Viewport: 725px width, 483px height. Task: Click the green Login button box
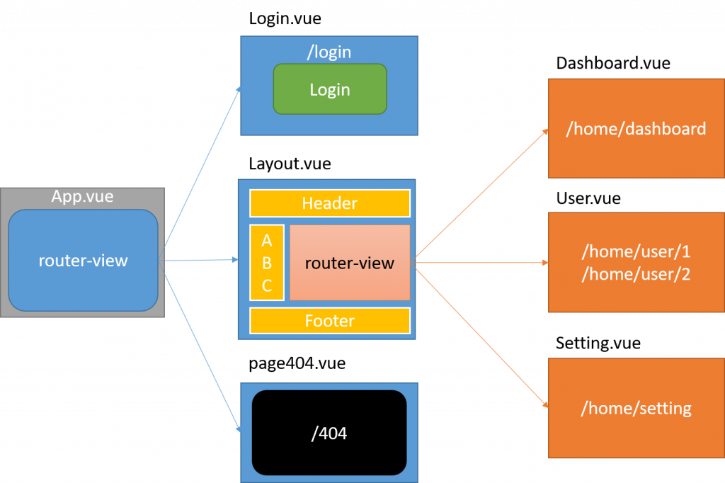330,89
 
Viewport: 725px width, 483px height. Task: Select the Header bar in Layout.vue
330,203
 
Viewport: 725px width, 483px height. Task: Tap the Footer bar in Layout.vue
330,321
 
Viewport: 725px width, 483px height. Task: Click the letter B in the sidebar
267,263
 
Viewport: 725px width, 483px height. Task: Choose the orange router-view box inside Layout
350,263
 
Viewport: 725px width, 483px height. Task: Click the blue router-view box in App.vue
83,260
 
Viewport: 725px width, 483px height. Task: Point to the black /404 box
329,432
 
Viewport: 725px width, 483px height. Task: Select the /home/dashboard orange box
636,128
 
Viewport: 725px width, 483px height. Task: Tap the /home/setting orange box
636,408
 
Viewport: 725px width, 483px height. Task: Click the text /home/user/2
636,274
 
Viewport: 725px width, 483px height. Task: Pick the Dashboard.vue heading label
613,63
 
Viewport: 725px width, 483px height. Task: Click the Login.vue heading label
285,19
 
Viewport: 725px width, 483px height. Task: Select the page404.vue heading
297,364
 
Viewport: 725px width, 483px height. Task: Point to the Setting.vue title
598,343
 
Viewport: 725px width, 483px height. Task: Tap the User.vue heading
588,198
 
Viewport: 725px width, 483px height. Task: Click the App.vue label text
82,196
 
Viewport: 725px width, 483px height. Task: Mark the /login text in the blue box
330,52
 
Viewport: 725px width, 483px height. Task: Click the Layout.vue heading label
290,164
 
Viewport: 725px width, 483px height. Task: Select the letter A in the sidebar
267,240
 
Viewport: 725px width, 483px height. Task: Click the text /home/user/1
636,251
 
